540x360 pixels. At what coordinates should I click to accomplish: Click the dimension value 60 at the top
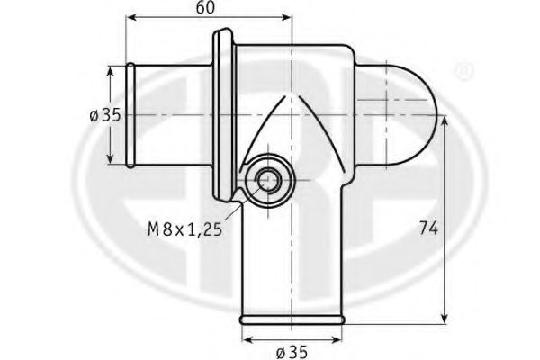tap(205, 7)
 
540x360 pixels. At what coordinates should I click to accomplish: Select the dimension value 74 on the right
tap(428, 229)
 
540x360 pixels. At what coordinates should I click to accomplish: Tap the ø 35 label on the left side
tap(105, 115)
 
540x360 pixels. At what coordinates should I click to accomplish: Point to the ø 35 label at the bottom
tap(292, 352)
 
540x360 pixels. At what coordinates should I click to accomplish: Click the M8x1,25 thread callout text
tap(184, 229)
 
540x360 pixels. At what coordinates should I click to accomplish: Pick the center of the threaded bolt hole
tap(268, 179)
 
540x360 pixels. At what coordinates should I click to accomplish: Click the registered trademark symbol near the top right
tap(464, 71)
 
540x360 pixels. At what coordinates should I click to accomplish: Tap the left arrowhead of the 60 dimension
tap(131, 17)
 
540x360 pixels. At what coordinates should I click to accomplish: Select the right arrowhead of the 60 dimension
tap(286, 17)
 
